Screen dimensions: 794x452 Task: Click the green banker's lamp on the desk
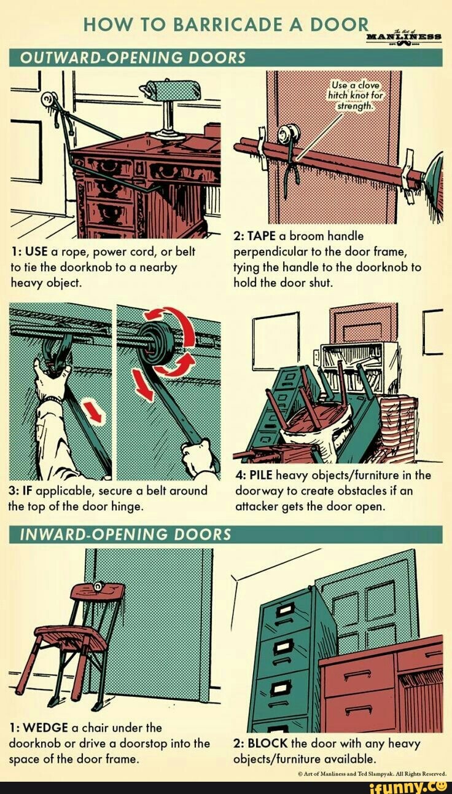pos(170,91)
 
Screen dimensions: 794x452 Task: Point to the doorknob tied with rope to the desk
pos(47,100)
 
